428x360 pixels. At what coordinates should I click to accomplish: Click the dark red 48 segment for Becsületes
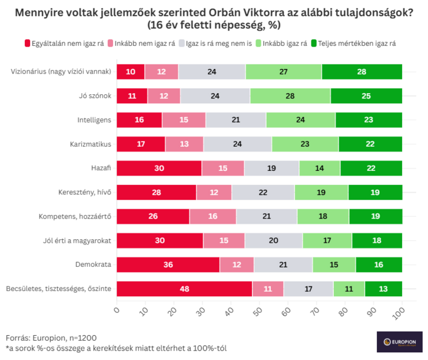[x=184, y=289]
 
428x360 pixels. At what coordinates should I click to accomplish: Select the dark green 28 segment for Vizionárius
[x=362, y=72]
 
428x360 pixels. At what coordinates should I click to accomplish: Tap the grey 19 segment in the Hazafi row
[x=271, y=168]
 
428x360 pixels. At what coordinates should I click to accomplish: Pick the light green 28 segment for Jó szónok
[x=290, y=96]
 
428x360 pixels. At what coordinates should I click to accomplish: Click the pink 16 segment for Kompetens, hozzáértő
[x=213, y=216]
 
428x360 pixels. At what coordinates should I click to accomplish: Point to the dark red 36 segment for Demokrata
[x=168, y=265]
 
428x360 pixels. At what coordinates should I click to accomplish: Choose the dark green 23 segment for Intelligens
[x=369, y=120]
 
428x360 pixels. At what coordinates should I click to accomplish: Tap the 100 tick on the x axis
[x=402, y=312]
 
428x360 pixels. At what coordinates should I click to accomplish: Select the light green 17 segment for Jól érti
[x=327, y=240]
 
